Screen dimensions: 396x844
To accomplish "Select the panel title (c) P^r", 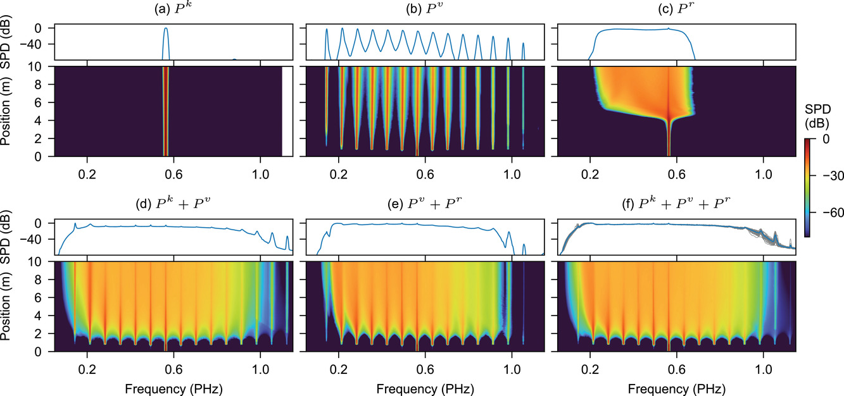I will pos(676,9).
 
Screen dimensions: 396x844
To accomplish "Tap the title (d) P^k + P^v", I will pos(173,204).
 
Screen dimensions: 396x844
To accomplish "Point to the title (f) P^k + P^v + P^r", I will pos(676,204).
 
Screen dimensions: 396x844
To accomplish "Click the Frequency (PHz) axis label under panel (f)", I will pos(676,387).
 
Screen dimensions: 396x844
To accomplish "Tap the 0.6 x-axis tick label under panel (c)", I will pos(677,171).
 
